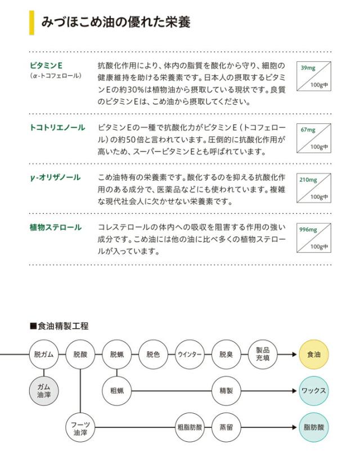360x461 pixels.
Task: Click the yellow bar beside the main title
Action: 31,23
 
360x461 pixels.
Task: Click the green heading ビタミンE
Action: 46,65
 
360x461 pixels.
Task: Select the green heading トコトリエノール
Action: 57,128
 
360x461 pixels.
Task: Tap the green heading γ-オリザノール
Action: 55,178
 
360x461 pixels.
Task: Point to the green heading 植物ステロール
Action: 56,227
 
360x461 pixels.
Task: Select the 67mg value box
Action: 314,138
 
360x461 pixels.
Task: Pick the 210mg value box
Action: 314,188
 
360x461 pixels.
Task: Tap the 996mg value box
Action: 314,238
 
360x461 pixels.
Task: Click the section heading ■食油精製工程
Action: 59,326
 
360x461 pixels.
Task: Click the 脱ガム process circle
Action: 44,355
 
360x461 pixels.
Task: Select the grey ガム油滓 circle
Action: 44,390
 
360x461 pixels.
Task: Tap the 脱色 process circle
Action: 153,355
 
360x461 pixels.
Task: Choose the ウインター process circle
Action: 190,355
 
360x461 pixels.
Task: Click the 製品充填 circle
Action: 262,354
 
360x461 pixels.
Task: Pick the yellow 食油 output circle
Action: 313,355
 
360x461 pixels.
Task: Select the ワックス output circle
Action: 313,390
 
